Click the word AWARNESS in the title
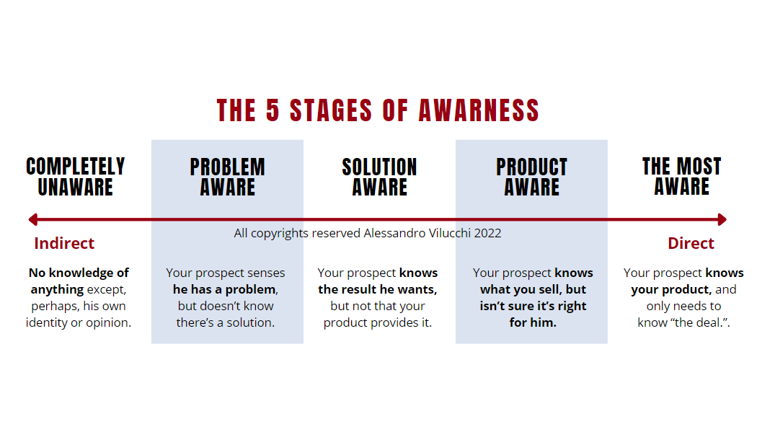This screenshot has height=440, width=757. coord(479,110)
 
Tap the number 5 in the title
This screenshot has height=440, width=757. coord(273,110)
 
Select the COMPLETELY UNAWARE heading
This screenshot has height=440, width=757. coord(76,177)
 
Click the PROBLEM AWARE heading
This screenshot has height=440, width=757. coord(227,177)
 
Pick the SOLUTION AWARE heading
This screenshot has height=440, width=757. coord(379,177)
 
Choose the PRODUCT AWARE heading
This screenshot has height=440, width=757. coord(531,177)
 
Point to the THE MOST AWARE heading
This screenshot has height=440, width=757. coord(682,176)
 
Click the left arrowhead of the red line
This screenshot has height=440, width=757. coord(33,220)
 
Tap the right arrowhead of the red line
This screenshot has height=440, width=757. coord(722,220)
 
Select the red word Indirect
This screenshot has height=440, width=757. coord(64,243)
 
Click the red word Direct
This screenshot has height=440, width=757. coord(691,243)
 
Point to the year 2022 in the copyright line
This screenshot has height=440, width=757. coord(487,233)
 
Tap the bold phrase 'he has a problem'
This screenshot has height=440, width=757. coord(225,289)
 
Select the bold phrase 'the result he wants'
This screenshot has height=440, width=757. coord(378,289)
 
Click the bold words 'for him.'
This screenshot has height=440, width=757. coord(533,322)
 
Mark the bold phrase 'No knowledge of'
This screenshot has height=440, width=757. coord(79,273)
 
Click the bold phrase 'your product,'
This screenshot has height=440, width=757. coord(671,289)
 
